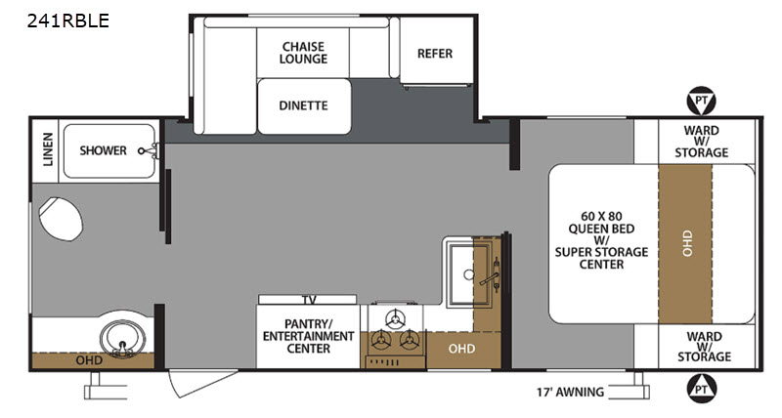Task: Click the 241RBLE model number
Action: (x=67, y=21)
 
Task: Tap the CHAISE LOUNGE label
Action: (x=303, y=53)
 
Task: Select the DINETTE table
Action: (x=304, y=106)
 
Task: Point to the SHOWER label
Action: (x=104, y=150)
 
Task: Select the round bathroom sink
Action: (x=123, y=339)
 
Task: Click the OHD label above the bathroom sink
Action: (x=89, y=359)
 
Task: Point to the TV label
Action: (x=309, y=300)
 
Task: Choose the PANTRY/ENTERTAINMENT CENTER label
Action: (x=309, y=336)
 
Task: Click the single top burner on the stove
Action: (x=396, y=318)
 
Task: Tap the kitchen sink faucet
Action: (x=492, y=275)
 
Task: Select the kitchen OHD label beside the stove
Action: (x=461, y=349)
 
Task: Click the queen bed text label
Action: (x=601, y=240)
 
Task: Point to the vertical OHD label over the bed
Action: (x=687, y=243)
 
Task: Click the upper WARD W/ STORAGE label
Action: (x=702, y=142)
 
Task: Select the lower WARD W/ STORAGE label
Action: (x=704, y=347)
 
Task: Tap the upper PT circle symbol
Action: (x=701, y=102)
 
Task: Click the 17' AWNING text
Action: (x=570, y=392)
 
